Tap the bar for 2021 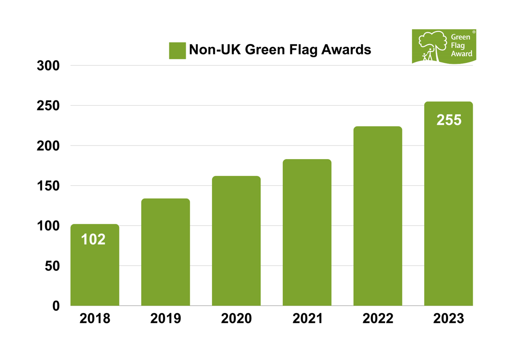307,232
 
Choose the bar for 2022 378,216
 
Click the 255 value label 449,120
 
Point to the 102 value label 93,239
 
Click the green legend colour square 177,50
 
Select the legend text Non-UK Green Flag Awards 280,49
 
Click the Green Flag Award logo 444,46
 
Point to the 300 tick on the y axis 48,66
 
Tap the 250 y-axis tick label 48,106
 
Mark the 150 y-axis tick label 48,186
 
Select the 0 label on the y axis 56,306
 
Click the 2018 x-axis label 95,318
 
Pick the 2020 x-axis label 236,318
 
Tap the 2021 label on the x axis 307,318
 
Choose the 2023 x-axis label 448,318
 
